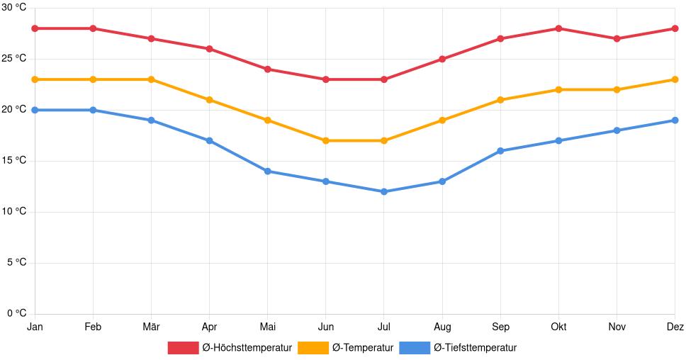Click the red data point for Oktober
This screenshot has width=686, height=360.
click(x=558, y=28)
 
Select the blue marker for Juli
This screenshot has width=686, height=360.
click(x=384, y=191)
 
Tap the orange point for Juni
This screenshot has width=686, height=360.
click(x=326, y=140)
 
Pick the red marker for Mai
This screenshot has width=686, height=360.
click(x=267, y=69)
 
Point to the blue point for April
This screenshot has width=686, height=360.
click(x=209, y=140)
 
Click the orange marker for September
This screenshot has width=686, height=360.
click(x=500, y=100)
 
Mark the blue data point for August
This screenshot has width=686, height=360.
click(x=442, y=181)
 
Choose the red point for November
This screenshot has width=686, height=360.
click(x=617, y=38)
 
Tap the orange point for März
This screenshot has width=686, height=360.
click(x=151, y=79)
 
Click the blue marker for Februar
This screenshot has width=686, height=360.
click(x=93, y=110)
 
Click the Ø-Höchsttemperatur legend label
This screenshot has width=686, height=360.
click(x=247, y=348)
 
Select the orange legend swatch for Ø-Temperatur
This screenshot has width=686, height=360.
click(x=313, y=348)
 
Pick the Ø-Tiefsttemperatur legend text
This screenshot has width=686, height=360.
click(x=475, y=348)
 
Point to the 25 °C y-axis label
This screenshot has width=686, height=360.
click(x=14, y=59)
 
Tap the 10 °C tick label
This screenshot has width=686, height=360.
click(x=14, y=212)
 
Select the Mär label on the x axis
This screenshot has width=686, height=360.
click(x=151, y=327)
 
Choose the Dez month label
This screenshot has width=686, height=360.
click(x=675, y=327)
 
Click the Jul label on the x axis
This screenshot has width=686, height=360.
click(x=384, y=327)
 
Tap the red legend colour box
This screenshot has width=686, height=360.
click(x=183, y=348)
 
